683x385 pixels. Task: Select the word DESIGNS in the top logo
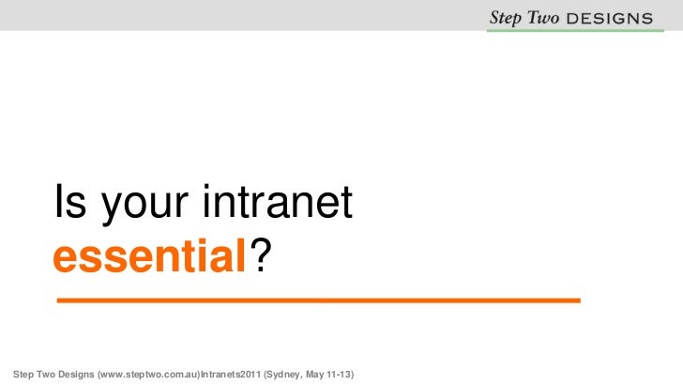click(x=611, y=17)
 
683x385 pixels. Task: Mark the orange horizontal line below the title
click(x=319, y=300)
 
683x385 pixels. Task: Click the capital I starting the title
click(x=60, y=203)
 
